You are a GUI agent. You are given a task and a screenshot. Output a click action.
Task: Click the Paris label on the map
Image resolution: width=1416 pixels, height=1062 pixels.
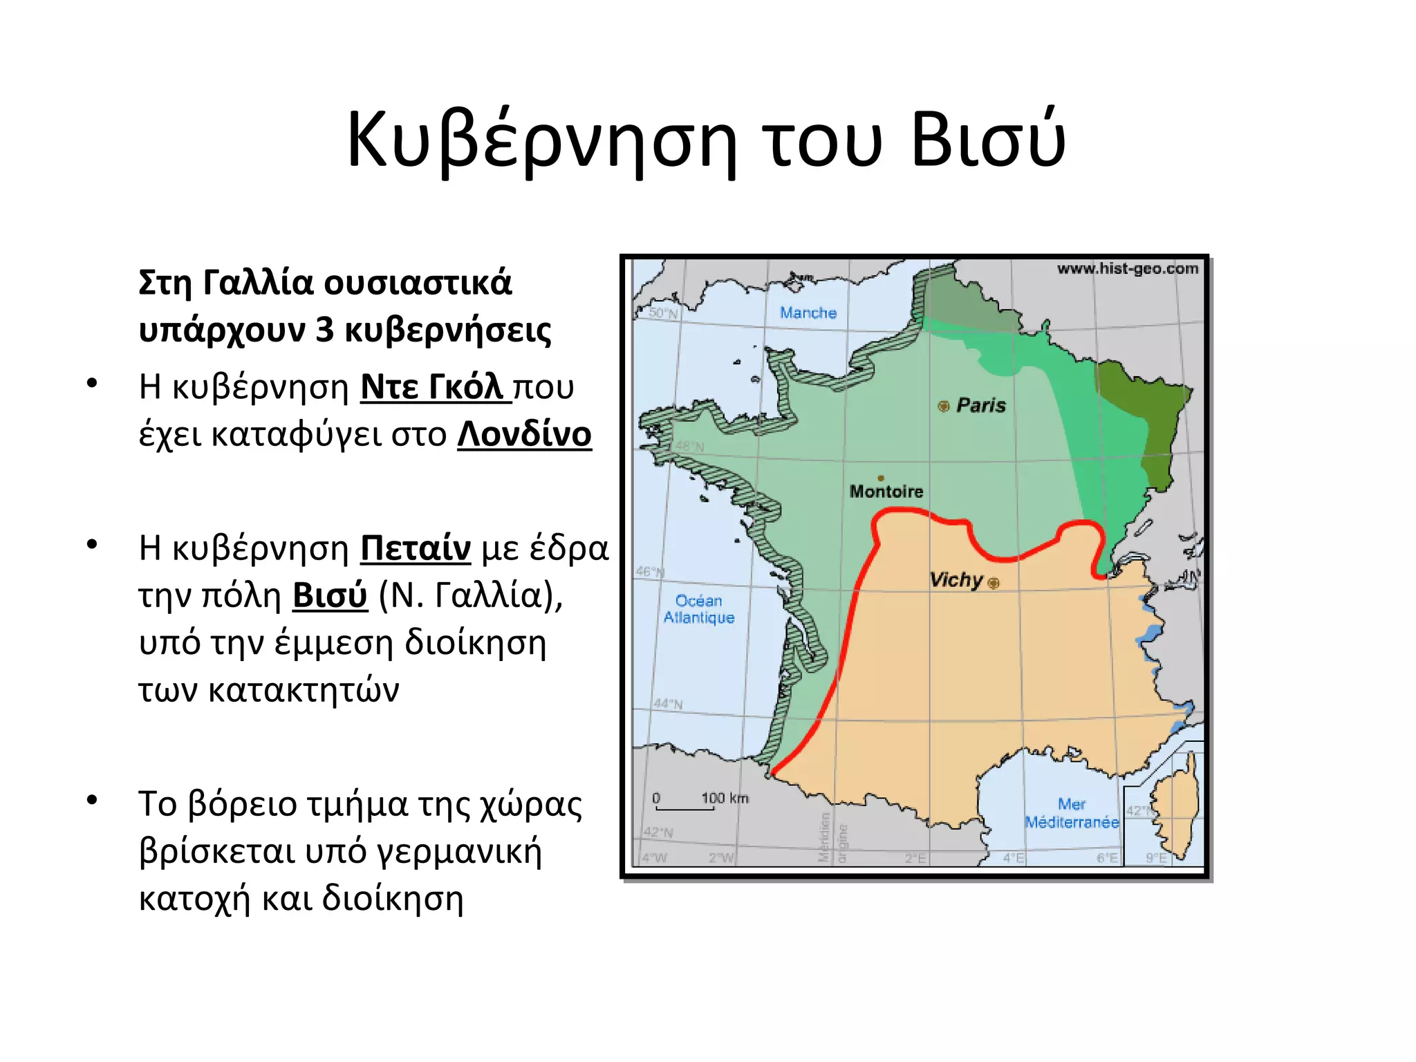click(981, 405)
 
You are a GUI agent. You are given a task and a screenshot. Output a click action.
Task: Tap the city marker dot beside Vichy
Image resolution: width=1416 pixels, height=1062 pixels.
click(994, 584)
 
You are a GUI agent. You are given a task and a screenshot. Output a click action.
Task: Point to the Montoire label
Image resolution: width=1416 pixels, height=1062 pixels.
click(886, 492)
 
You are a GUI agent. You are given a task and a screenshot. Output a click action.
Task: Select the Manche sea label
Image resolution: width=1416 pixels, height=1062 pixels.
click(808, 313)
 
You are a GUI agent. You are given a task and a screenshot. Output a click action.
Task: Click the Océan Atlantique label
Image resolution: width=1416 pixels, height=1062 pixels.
click(699, 609)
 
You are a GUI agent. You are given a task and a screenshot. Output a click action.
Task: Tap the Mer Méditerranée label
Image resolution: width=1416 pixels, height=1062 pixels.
click(1072, 813)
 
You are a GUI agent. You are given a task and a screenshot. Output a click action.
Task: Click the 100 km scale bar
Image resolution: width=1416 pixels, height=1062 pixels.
click(684, 806)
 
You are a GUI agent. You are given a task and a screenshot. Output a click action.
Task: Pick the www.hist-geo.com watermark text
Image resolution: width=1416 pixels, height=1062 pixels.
click(1127, 269)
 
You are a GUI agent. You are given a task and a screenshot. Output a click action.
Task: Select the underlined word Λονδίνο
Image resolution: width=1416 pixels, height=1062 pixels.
click(524, 435)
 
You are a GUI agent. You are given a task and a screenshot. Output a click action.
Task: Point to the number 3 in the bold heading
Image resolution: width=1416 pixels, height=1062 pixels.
click(324, 330)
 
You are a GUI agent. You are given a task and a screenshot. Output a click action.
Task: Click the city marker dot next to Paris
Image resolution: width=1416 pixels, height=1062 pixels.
click(943, 406)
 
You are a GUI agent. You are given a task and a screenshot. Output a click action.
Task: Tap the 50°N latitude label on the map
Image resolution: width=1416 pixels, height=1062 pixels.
click(663, 313)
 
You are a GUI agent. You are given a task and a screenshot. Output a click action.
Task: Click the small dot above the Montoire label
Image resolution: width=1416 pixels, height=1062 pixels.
click(880, 478)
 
